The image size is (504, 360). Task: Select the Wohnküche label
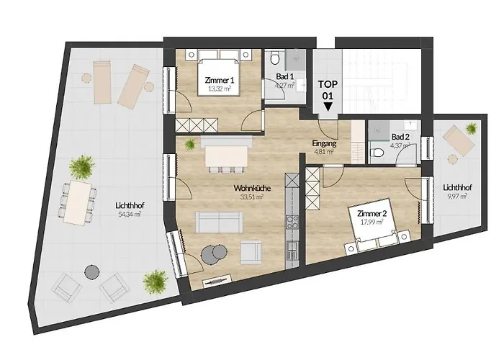(x=247, y=189)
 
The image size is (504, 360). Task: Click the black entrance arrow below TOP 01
(x=328, y=107)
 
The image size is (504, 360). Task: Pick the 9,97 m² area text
(x=454, y=195)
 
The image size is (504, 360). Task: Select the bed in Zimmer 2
(x=378, y=232)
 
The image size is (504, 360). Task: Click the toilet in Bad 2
(x=378, y=153)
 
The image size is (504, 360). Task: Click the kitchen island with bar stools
(x=228, y=156)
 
